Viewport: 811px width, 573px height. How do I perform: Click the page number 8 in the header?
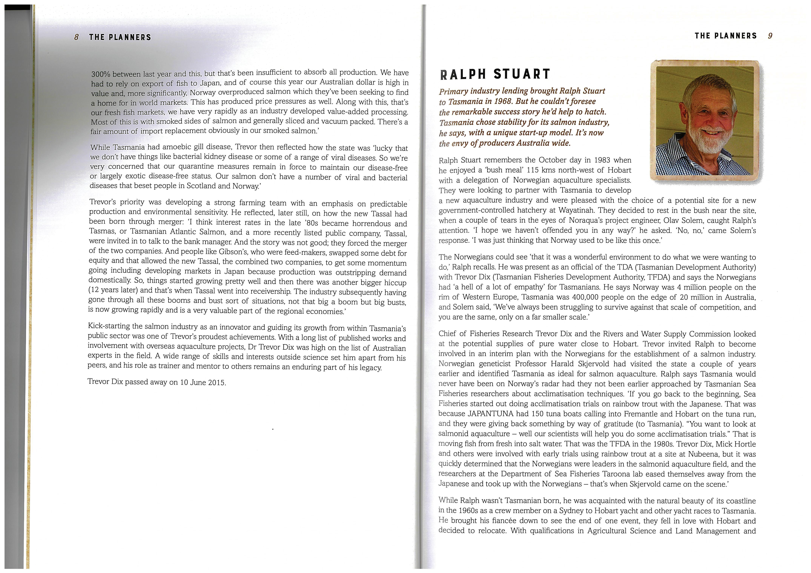click(77, 37)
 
